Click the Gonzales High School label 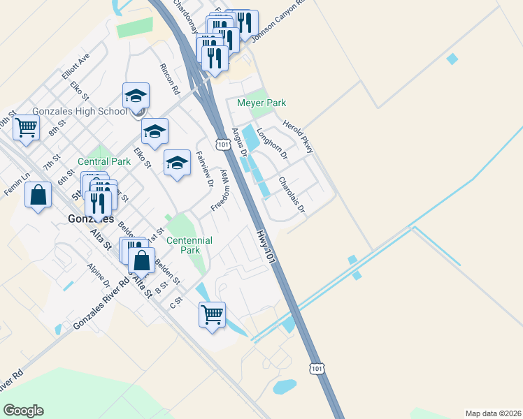(79, 112)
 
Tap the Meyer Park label (261, 103)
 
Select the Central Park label (104, 161)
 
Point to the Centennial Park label (190, 245)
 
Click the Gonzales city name (91, 219)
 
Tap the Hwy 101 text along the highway (262, 246)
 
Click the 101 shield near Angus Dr (222, 144)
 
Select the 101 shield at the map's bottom (316, 367)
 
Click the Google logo (23, 411)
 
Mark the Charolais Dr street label (292, 195)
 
